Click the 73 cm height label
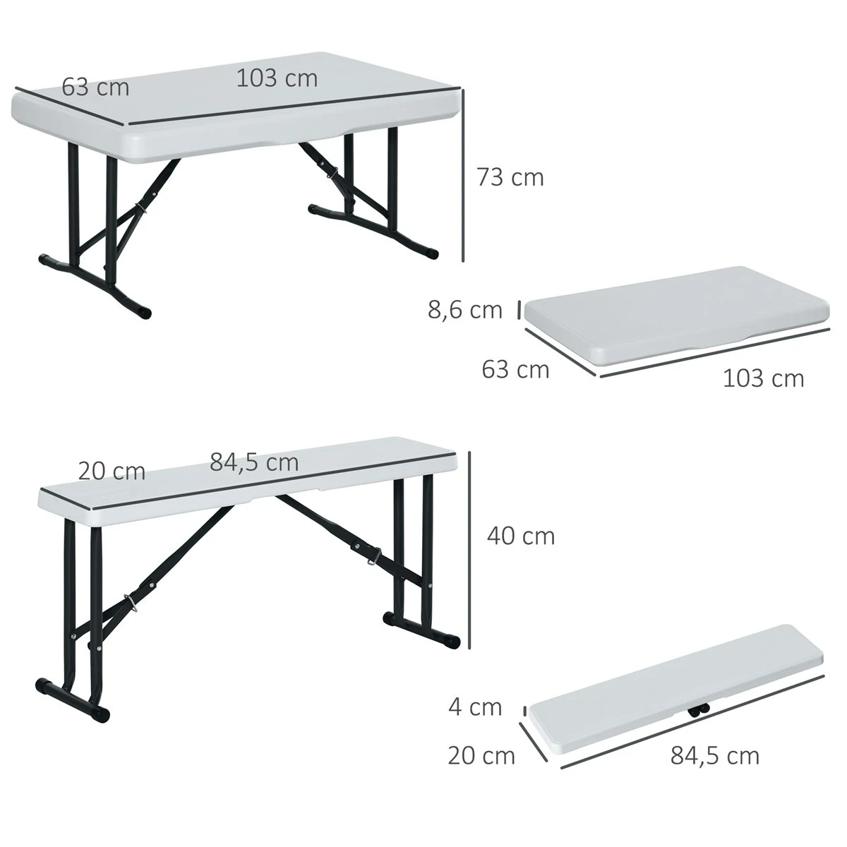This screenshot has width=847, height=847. pyautogui.click(x=510, y=177)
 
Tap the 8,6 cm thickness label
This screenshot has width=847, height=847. pyautogui.click(x=464, y=310)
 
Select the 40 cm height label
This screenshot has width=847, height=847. pyautogui.click(x=521, y=536)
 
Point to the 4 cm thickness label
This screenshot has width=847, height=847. pyautogui.click(x=475, y=707)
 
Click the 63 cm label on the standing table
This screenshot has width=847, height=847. pyautogui.click(x=95, y=88)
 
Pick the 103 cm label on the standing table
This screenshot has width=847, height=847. pyautogui.click(x=277, y=78)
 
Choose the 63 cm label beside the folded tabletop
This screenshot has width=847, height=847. pyautogui.click(x=515, y=368)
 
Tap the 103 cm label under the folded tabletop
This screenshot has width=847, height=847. pyautogui.click(x=763, y=378)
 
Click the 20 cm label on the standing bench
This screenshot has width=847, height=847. pyautogui.click(x=112, y=471)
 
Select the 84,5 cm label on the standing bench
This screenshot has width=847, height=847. pyautogui.click(x=254, y=462)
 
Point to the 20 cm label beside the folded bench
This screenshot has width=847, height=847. pyautogui.click(x=481, y=755)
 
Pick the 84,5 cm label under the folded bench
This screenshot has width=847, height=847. pyautogui.click(x=714, y=756)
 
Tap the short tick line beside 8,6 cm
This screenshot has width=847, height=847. pyautogui.click(x=519, y=309)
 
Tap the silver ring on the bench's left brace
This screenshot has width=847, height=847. pyautogui.click(x=131, y=601)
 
